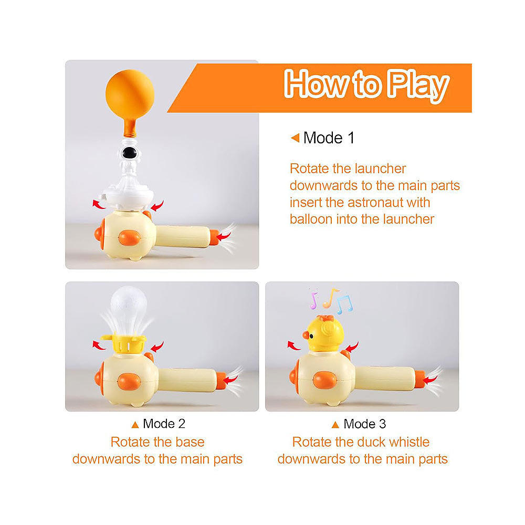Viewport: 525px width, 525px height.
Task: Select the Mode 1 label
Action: pyautogui.click(x=329, y=138)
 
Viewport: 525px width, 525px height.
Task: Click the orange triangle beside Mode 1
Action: pyautogui.click(x=295, y=138)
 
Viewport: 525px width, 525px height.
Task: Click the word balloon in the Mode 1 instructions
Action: pyautogui.click(x=313, y=219)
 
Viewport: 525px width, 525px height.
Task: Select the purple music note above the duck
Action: pyautogui.click(x=314, y=300)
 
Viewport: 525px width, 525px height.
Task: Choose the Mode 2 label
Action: pyautogui.click(x=164, y=424)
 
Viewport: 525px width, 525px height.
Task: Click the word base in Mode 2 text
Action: pyautogui.click(x=191, y=442)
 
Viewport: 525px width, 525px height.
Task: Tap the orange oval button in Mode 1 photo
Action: pyautogui.click(x=128, y=237)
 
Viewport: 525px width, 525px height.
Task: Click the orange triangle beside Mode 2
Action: pyautogui.click(x=135, y=424)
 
